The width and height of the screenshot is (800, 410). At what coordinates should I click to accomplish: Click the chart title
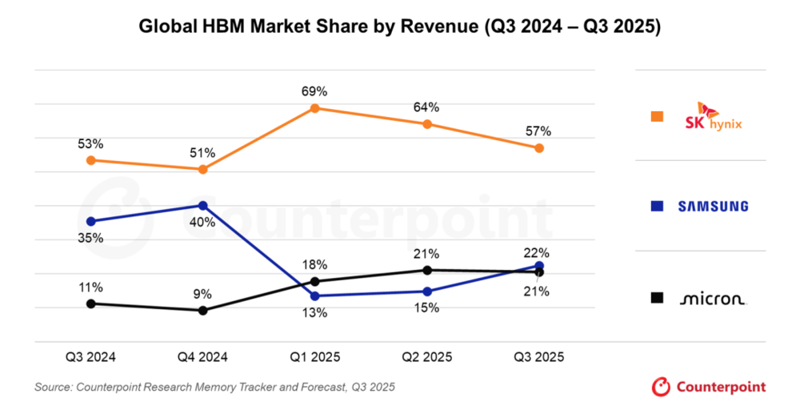(400, 26)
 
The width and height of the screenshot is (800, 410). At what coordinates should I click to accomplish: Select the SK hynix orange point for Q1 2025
(315, 107)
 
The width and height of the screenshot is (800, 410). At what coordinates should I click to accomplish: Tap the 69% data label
(315, 90)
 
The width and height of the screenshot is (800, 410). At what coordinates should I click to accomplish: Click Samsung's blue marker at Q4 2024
(203, 206)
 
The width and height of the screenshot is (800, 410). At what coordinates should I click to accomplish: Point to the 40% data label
(203, 223)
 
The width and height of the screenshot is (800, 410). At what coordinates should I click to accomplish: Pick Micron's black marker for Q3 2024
(91, 303)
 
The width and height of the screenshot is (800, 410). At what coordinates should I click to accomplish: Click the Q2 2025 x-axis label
(427, 357)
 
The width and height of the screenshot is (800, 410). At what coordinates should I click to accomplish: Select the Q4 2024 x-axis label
(203, 357)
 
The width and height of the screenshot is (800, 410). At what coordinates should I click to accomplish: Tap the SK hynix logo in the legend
(714, 116)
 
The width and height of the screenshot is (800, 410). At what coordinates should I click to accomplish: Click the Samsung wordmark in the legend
(713, 207)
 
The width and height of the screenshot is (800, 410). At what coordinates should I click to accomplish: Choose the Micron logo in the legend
(713, 299)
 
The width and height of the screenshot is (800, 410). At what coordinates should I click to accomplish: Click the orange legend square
(658, 117)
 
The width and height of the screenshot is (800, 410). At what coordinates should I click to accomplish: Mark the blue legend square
(658, 207)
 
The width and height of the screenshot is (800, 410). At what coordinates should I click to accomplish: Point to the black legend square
(658, 298)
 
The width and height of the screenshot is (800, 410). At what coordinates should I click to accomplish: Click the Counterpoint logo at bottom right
(709, 387)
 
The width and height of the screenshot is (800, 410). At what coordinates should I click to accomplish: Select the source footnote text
(214, 388)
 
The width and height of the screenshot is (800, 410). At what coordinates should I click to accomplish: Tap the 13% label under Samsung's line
(315, 313)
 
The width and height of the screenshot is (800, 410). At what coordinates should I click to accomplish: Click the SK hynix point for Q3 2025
(539, 148)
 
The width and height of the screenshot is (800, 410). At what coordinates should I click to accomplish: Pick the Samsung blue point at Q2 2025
(427, 291)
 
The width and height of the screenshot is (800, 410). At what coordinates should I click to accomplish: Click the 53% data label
(91, 144)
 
